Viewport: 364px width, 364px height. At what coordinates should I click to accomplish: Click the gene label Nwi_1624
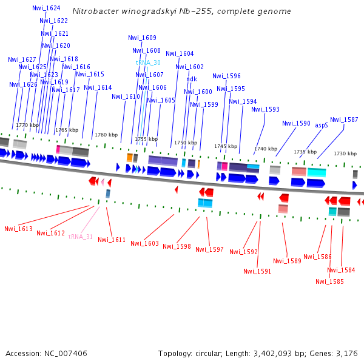[46, 8]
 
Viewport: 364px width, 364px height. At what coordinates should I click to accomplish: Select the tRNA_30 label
[148, 62]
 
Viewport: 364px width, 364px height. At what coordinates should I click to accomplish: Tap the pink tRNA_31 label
[81, 237]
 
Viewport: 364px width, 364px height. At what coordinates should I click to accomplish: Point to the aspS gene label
[322, 125]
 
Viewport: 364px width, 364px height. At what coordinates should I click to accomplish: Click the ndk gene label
[192, 79]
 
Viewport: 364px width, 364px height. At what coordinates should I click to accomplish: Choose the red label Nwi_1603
[144, 244]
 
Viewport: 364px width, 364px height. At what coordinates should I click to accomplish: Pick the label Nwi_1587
[344, 120]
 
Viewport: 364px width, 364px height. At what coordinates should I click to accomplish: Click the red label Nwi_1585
[329, 281]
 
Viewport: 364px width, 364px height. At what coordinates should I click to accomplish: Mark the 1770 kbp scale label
[27, 125]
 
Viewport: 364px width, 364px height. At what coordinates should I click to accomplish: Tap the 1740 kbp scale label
[266, 149]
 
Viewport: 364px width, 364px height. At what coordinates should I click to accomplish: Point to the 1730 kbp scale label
[345, 154]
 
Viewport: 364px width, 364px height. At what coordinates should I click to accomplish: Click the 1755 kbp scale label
[146, 139]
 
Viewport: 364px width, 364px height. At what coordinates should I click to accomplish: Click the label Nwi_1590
[296, 123]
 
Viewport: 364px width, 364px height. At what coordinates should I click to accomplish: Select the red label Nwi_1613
[18, 229]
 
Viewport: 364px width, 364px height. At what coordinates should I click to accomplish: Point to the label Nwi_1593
[266, 110]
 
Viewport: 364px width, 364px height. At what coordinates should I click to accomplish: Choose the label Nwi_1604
[180, 54]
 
